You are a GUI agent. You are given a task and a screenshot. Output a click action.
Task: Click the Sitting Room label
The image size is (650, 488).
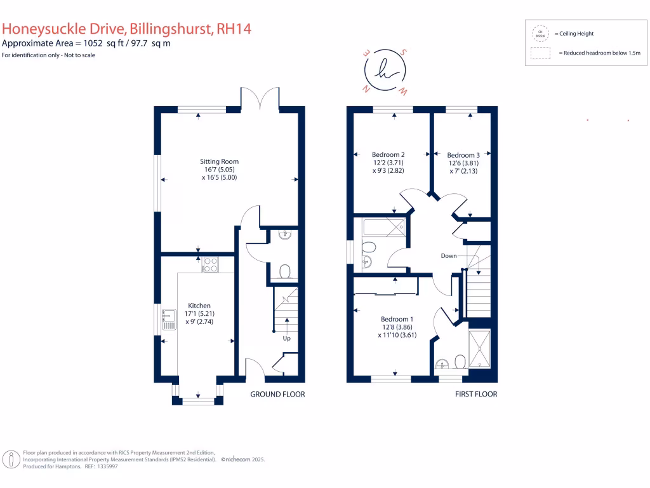219,161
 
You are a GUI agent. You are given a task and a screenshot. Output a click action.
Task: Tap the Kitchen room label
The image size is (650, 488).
199,306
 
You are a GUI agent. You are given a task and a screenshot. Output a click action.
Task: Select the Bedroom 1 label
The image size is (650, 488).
397,319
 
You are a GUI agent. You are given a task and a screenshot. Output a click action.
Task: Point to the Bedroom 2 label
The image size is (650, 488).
388,154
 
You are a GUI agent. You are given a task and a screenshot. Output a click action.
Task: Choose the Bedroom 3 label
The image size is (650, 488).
463,155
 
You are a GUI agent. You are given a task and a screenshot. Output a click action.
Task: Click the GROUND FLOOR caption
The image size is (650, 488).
277,394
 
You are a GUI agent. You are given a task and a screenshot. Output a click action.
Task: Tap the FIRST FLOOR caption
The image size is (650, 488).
476,394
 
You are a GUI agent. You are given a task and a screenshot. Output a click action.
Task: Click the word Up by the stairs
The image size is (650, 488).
287,338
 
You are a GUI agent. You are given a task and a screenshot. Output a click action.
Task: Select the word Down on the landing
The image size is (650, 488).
449,255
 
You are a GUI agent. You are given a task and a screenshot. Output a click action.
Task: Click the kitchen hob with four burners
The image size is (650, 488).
210,264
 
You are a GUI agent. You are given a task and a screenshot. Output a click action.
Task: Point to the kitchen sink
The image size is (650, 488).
169,318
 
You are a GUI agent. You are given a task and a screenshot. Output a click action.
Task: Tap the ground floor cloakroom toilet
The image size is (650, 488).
285,273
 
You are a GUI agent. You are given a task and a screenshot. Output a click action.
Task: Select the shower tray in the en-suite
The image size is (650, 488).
479,349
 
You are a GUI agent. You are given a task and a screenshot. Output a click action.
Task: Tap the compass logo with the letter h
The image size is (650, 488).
385,71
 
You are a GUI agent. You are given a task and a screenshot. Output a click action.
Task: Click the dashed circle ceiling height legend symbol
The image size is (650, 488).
541,34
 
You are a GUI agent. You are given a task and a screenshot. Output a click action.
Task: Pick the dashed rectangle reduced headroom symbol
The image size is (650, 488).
541,54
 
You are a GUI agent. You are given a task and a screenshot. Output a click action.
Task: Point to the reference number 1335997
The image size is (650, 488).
105,466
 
